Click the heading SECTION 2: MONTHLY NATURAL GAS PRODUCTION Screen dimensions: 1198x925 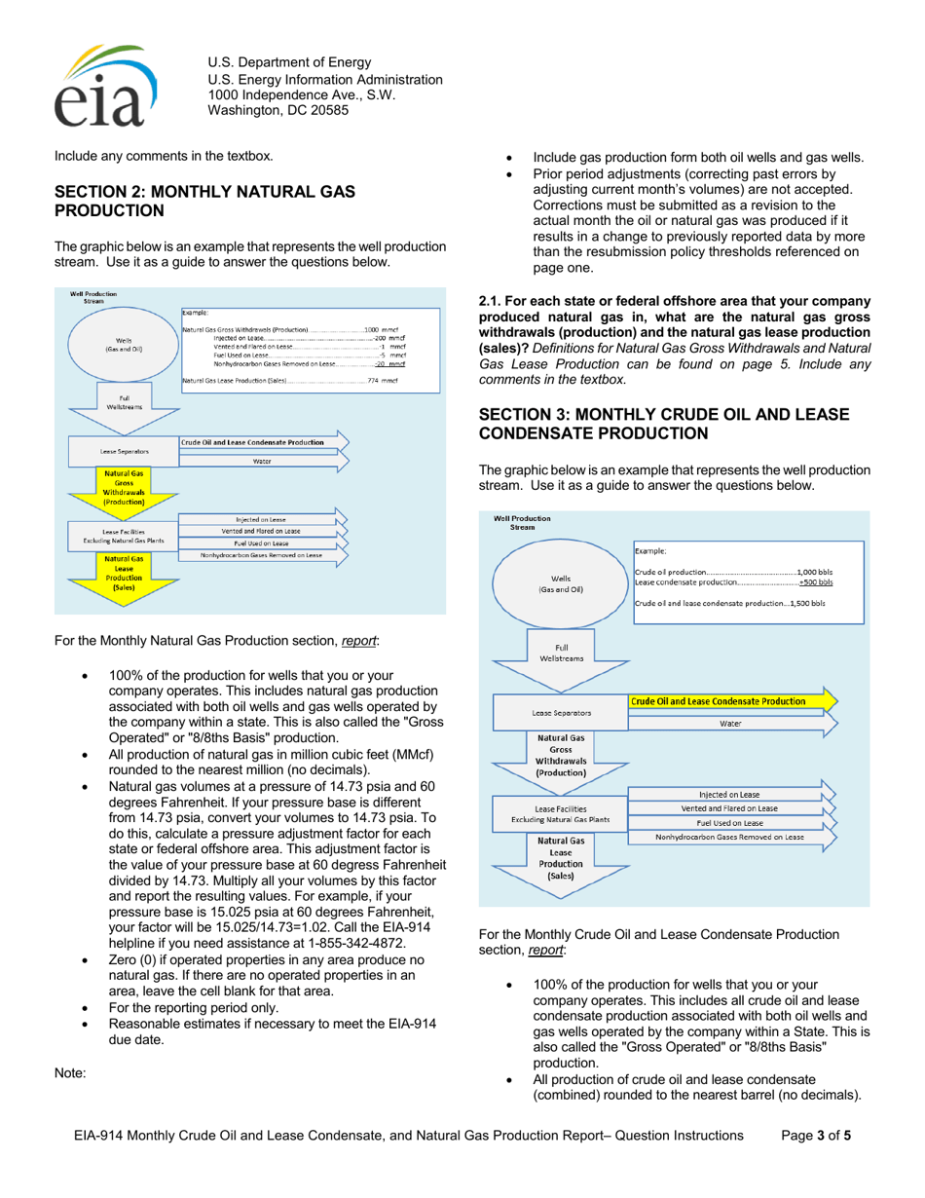click(x=196, y=201)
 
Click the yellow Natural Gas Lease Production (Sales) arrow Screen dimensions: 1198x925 click(x=124, y=575)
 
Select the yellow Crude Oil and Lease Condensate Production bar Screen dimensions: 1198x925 click(x=730, y=700)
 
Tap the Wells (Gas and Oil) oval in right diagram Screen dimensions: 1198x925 click(x=561, y=582)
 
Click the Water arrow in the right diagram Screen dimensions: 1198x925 click(x=730, y=724)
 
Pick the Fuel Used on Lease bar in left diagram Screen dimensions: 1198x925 click(x=260, y=543)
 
